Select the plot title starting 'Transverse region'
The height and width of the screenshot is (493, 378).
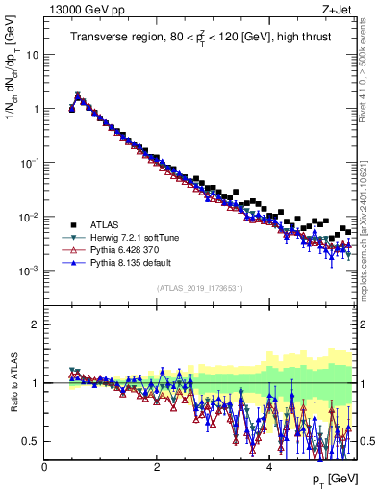tap(199, 38)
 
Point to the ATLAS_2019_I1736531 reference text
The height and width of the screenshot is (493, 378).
tap(199, 288)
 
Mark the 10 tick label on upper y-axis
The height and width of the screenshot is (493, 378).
tap(33, 55)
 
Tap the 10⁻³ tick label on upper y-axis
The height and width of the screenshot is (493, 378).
tap(31, 271)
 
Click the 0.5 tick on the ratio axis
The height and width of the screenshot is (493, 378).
tap(32, 441)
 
